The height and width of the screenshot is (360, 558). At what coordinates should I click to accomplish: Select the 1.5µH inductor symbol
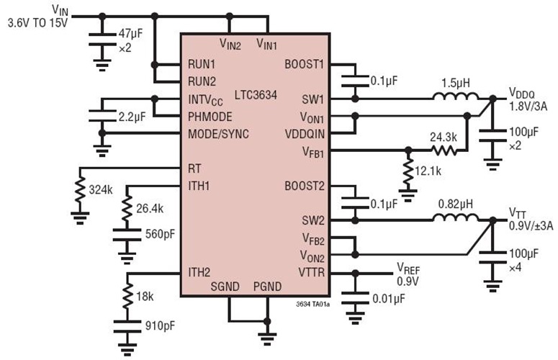point(451,98)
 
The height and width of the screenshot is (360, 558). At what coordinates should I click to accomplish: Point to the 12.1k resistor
point(408,173)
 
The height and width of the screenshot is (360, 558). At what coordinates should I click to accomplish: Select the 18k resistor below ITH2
point(127,296)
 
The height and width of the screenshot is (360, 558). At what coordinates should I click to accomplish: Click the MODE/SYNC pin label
point(218,133)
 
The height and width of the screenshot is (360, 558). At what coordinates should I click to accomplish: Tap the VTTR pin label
point(311,272)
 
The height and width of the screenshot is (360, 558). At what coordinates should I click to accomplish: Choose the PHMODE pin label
point(210,116)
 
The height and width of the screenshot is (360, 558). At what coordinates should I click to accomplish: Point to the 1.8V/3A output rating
point(528,107)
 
